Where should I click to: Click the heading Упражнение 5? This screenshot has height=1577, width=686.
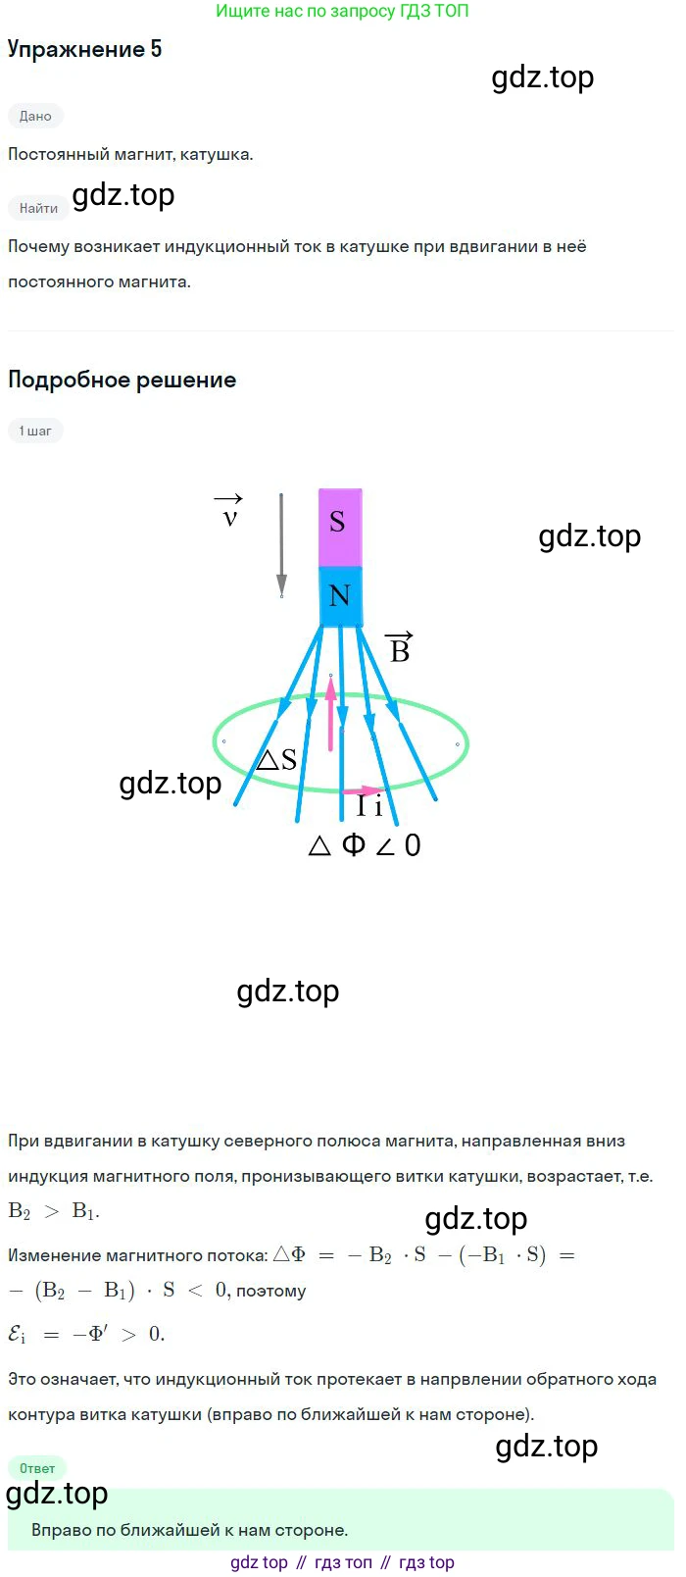[x=84, y=50]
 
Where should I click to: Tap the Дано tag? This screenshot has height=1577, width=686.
[x=35, y=116]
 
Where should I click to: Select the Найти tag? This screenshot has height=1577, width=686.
[x=38, y=208]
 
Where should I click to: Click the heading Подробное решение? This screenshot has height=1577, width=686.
[x=122, y=380]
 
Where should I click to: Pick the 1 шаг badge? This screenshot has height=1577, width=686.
[x=35, y=431]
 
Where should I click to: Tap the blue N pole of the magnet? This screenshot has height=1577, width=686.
[x=340, y=595]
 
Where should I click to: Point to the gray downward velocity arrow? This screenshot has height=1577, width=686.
[x=281, y=544]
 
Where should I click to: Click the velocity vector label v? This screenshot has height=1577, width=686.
[x=229, y=516]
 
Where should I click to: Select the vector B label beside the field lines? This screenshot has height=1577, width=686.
[x=399, y=648]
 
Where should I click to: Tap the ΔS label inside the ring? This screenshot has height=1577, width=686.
[x=276, y=760]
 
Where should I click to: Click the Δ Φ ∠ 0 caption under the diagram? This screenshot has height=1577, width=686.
[x=365, y=845]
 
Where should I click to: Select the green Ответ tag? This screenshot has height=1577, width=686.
[x=37, y=1468]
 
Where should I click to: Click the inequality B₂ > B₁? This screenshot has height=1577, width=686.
[x=54, y=1211]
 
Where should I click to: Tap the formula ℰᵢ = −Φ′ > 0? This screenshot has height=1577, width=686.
[x=86, y=1334]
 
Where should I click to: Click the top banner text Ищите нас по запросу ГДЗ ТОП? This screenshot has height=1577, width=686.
[x=342, y=12]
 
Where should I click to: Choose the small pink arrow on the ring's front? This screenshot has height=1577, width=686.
[x=369, y=789]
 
